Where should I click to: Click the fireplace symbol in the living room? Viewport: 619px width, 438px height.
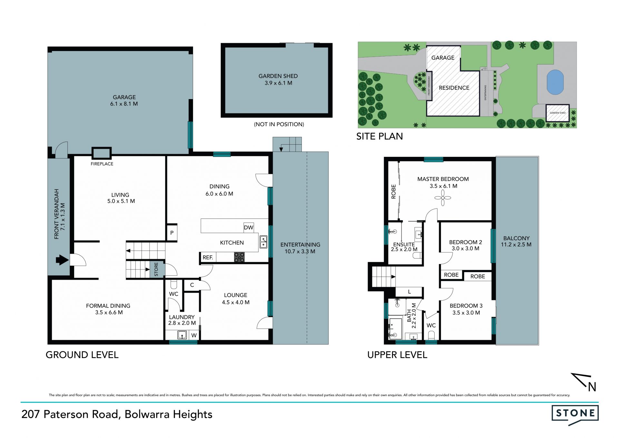[x=102, y=153]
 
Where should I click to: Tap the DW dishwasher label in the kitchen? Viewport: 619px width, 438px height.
[x=249, y=228]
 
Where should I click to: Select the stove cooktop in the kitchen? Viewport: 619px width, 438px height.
[x=239, y=257]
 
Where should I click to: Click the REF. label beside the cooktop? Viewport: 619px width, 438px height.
[x=208, y=257]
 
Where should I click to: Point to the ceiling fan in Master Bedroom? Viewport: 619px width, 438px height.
[x=443, y=198]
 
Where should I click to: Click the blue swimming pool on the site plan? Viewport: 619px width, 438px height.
[x=555, y=82]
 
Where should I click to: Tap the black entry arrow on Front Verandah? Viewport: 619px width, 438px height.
[x=62, y=260]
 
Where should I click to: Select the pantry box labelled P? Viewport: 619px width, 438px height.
[x=172, y=232]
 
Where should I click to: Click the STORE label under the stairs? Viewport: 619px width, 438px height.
[x=156, y=269]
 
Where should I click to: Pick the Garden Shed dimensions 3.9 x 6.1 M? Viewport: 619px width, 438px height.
[x=279, y=83]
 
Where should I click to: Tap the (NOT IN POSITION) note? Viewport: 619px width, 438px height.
[x=279, y=124]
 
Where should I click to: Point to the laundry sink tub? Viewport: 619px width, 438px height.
[x=182, y=335]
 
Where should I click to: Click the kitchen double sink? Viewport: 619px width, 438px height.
[x=263, y=242]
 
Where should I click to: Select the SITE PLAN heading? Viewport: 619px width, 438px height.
[x=379, y=136]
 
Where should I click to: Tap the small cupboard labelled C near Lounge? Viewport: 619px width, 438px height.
[x=192, y=285]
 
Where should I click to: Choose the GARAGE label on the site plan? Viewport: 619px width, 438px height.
[x=443, y=58]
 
